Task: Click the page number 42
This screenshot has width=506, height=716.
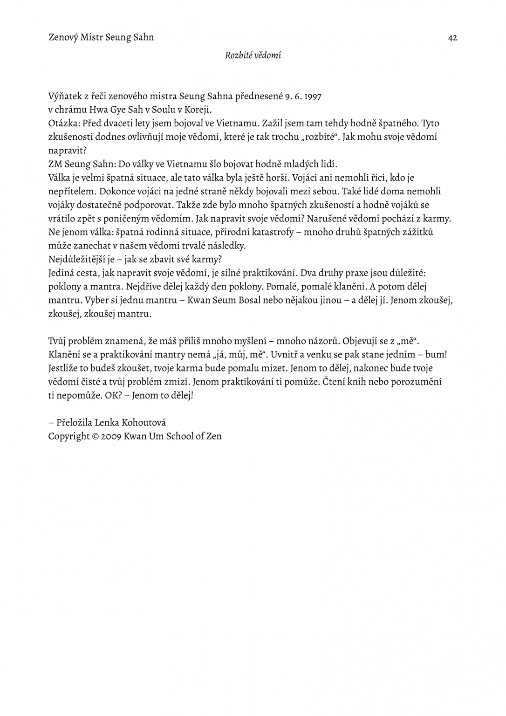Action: [452, 38]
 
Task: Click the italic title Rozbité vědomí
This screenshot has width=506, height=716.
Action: [253, 55]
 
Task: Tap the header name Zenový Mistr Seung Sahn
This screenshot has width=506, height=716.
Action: [101, 37]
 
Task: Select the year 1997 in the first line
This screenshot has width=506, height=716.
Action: [312, 96]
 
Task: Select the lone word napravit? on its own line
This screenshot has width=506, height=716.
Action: [68, 151]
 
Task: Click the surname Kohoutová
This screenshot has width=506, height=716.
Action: [144, 423]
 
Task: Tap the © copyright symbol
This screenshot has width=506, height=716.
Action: [95, 436]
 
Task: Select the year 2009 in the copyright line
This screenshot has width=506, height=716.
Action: [111, 436]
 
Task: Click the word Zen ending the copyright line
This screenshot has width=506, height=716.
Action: [213, 436]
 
